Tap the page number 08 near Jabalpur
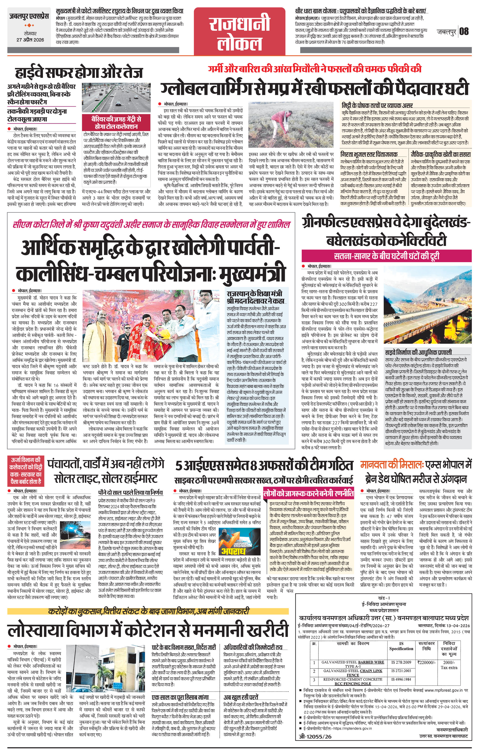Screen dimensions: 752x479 pos(464,31)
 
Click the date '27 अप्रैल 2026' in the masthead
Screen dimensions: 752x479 pos(30,40)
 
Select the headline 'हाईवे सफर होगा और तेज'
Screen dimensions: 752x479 pos(79,72)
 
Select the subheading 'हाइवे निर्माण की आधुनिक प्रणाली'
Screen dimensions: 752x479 pos(418,352)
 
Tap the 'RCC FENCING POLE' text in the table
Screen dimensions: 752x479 pos(353,684)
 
